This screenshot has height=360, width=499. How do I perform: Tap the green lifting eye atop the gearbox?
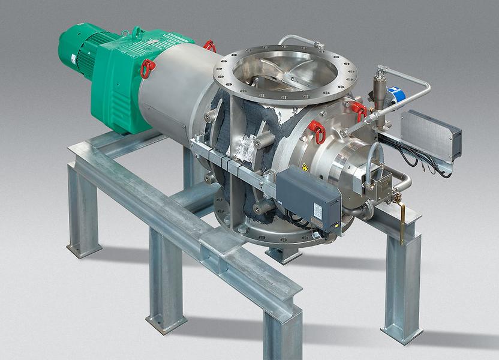(137, 32)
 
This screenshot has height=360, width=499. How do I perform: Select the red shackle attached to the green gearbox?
(147, 68)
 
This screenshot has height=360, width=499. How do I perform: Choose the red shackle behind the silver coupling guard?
(209, 46)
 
